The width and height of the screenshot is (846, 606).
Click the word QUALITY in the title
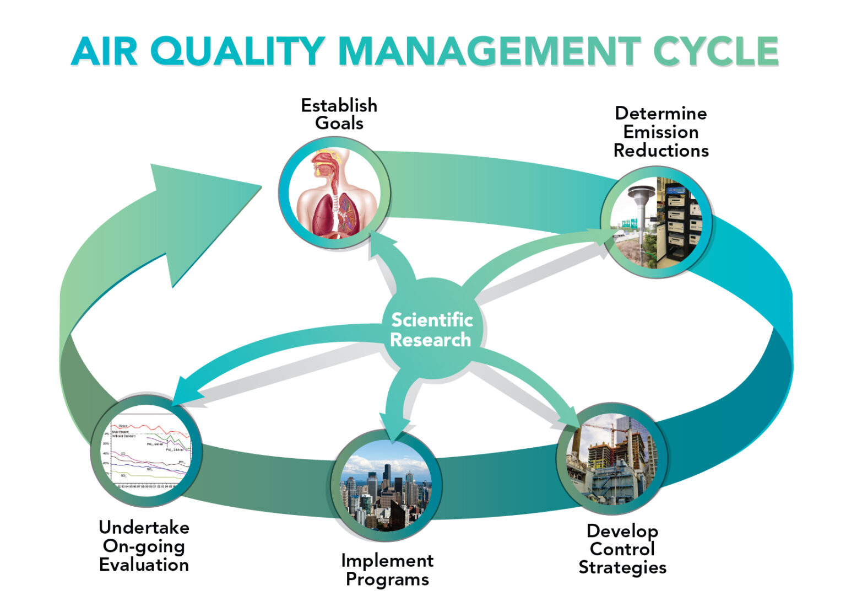[237, 51]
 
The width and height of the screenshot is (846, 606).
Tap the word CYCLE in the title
[715, 51]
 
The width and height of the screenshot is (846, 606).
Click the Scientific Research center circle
[432, 330]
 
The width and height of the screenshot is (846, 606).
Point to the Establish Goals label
[339, 114]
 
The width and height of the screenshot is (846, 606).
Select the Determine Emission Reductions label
[660, 132]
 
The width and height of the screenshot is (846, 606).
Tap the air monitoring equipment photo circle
[657, 222]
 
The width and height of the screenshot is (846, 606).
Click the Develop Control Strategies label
[622, 549]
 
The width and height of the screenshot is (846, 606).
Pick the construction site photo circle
[611, 459]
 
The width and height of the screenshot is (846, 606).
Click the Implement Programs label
[387, 570]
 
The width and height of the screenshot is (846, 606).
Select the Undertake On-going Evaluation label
[144, 546]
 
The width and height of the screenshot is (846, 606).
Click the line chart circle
[147, 451]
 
